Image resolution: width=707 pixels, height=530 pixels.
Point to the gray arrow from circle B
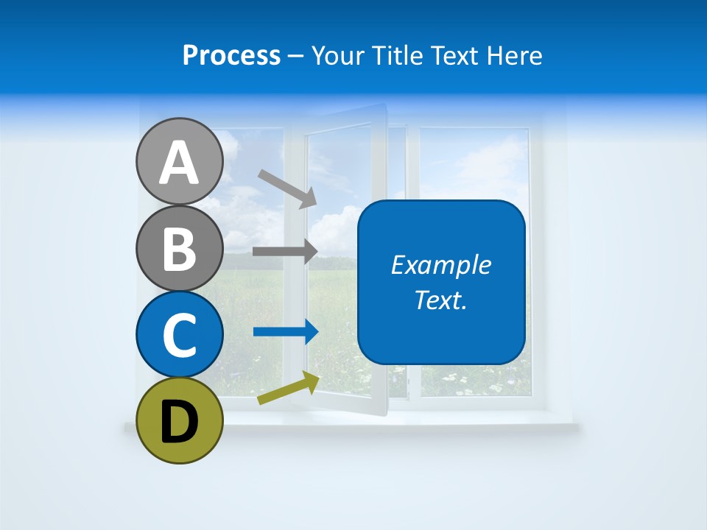[284, 251]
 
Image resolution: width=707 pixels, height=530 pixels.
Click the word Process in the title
[231, 56]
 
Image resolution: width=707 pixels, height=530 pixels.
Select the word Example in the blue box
[440, 265]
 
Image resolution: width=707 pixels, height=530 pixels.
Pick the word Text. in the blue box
[440, 300]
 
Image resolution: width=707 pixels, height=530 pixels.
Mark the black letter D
[179, 423]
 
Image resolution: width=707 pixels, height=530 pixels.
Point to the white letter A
[179, 163]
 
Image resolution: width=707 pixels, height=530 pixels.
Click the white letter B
[179, 249]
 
